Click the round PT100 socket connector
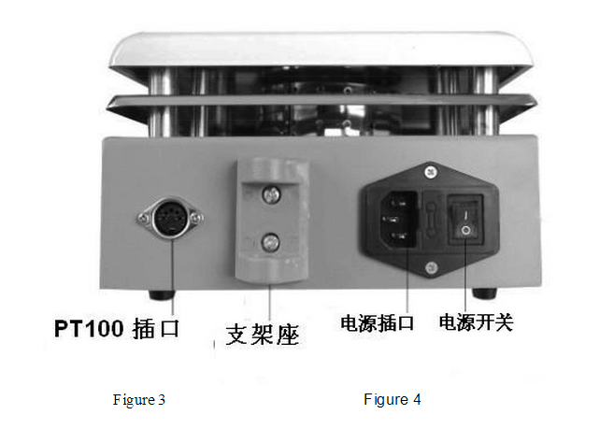click(170, 218)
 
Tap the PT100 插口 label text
click(117, 328)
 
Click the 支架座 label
click(263, 335)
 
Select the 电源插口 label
click(378, 323)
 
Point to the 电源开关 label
click(477, 322)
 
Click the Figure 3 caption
click(139, 400)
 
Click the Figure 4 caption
click(393, 400)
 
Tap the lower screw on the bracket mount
click(270, 242)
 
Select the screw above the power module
click(431, 172)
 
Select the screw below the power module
click(431, 268)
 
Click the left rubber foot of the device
click(162, 294)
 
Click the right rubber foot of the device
click(485, 293)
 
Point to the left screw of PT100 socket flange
click(144, 218)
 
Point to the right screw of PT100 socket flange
click(195, 218)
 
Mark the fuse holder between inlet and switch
click(431, 221)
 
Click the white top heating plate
click(321, 50)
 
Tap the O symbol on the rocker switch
click(465, 230)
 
